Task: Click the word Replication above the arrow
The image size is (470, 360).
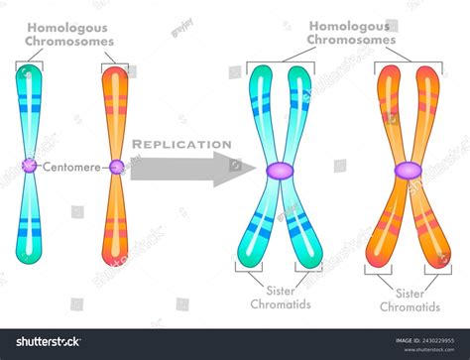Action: (181, 144)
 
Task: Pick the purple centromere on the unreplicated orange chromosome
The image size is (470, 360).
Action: (117, 167)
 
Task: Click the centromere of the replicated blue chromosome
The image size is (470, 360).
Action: (279, 171)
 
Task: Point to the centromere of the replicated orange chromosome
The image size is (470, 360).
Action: (407, 171)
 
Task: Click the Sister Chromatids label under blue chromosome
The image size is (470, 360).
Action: (280, 297)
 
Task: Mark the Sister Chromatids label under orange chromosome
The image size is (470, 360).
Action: (409, 300)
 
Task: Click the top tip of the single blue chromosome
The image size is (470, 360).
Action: (29, 69)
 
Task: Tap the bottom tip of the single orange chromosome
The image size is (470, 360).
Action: (117, 261)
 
